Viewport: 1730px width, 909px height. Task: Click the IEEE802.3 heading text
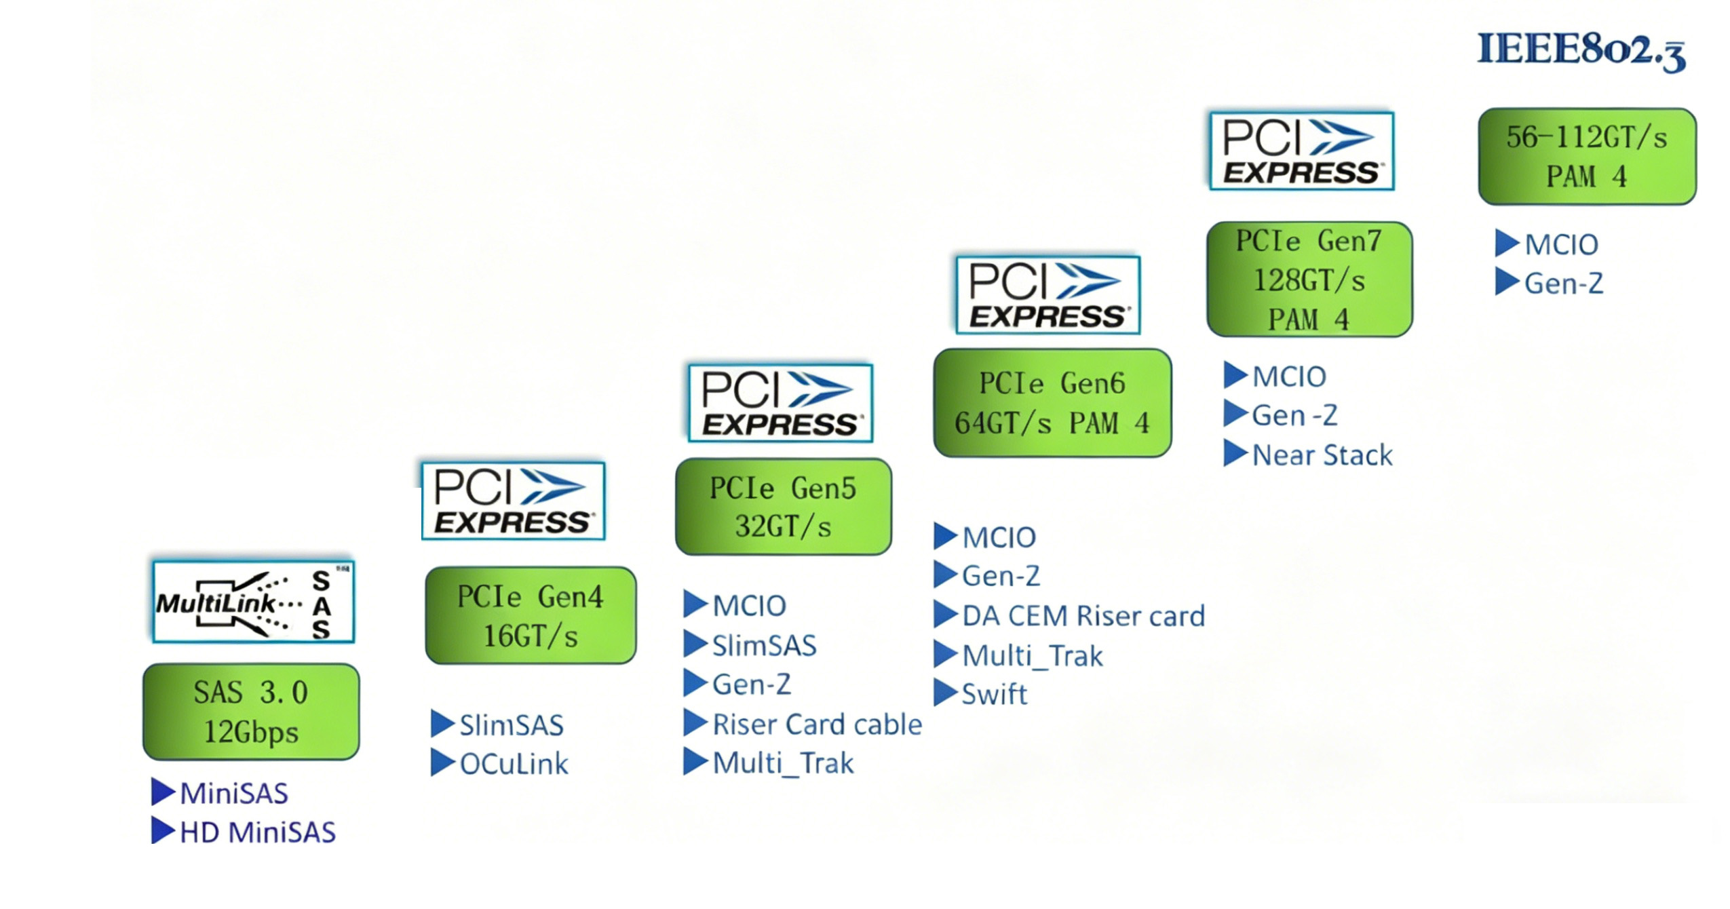click(1580, 50)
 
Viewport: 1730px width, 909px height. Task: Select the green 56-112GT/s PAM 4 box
click(1586, 157)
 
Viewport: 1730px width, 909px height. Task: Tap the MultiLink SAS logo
click(253, 602)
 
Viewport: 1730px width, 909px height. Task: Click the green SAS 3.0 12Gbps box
click(251, 712)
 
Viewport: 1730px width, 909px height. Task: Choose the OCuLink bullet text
click(514, 764)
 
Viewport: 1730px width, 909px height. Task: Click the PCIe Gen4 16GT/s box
click(531, 615)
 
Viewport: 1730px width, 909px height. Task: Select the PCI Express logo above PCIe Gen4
click(513, 501)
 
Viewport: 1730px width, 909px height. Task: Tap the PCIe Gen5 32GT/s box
click(783, 507)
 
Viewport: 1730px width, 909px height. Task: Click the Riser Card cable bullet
click(817, 724)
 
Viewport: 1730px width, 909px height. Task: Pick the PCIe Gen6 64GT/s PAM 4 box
click(1052, 403)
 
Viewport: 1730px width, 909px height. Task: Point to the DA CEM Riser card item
click(1083, 616)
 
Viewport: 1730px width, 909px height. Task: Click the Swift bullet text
click(994, 694)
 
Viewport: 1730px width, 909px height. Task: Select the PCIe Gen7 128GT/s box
click(1309, 279)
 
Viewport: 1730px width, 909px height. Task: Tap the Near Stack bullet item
click(1322, 455)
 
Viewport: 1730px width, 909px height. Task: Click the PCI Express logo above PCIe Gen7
click(1301, 151)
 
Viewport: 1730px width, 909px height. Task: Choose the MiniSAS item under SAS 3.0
click(234, 793)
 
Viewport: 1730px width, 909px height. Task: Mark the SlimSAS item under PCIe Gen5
click(764, 645)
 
